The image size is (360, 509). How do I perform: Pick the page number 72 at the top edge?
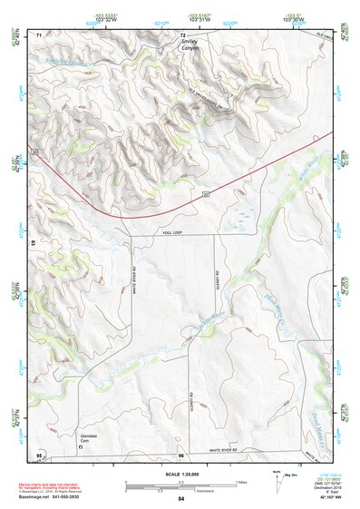coord(182,34)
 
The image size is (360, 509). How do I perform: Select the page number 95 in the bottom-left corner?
coord(39,454)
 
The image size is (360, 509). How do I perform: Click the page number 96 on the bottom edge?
coord(181,454)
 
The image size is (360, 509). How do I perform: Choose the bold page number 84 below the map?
coord(181,498)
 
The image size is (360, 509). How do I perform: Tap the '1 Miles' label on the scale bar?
coord(241,481)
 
